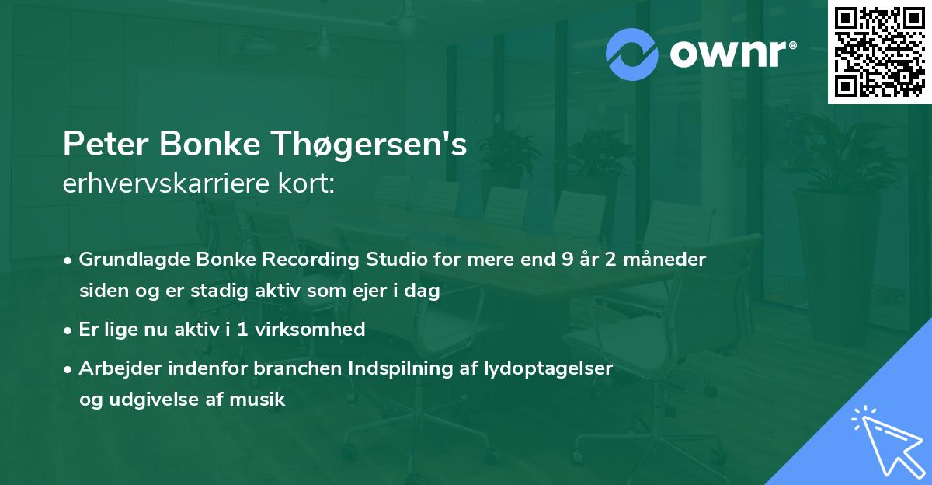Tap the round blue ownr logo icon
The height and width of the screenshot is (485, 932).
click(633, 54)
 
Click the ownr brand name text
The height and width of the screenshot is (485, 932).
click(731, 54)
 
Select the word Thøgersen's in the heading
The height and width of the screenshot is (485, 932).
click(389, 145)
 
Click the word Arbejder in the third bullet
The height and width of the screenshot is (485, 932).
click(116, 368)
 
